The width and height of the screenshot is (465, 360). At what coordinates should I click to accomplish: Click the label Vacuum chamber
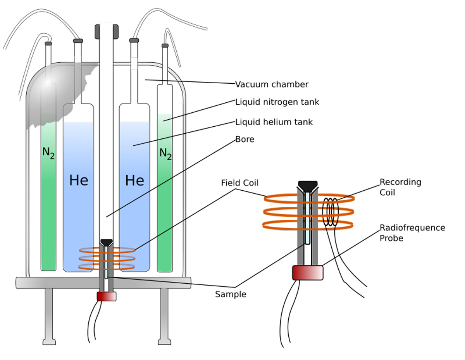click(x=272, y=84)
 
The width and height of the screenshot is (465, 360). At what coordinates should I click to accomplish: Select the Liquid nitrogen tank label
click(x=277, y=102)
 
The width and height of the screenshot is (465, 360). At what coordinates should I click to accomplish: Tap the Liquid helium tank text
click(x=274, y=122)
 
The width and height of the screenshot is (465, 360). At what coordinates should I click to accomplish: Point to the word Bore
click(x=245, y=139)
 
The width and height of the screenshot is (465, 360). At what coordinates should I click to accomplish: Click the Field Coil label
click(x=239, y=183)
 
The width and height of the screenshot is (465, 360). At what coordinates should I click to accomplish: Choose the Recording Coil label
click(x=400, y=187)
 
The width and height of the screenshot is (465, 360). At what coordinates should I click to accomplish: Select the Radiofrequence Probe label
click(x=412, y=233)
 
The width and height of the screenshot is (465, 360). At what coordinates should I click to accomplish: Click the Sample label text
click(x=231, y=294)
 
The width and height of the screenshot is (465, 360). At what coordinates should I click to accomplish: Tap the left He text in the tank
click(x=79, y=180)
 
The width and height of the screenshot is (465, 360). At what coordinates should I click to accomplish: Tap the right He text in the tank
click(x=134, y=180)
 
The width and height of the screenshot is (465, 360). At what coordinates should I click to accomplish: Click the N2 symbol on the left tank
click(x=48, y=153)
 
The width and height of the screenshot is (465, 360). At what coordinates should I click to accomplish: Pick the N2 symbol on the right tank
click(x=165, y=154)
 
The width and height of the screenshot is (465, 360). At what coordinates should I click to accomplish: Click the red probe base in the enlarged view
click(x=308, y=272)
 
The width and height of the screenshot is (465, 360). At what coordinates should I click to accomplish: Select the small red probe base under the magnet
click(x=107, y=296)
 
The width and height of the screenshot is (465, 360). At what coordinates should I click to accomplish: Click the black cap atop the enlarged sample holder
click(x=308, y=185)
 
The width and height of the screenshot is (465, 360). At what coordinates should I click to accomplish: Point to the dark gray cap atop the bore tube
click(x=106, y=31)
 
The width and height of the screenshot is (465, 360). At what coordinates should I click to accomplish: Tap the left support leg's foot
click(x=49, y=341)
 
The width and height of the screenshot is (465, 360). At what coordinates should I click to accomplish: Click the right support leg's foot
click(x=164, y=341)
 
